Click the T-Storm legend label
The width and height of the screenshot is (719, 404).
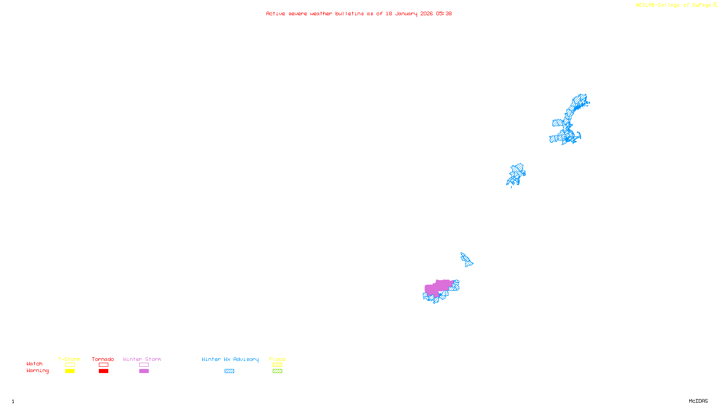(x=69, y=359)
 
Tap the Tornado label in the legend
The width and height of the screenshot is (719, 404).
(x=103, y=359)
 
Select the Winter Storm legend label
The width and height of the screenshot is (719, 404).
(x=142, y=359)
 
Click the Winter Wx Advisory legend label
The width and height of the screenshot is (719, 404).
(x=230, y=359)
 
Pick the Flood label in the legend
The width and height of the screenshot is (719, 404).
(x=277, y=359)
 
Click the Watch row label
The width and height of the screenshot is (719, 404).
(x=35, y=364)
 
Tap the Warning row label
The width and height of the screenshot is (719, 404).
(x=37, y=371)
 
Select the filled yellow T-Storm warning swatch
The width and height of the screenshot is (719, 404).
(x=70, y=371)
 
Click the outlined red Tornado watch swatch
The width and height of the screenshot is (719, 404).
(x=103, y=365)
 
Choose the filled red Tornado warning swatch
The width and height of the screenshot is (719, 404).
(x=103, y=371)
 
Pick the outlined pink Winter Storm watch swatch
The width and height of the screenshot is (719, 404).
(x=144, y=365)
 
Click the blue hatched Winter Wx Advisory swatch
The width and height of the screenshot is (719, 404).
(x=229, y=371)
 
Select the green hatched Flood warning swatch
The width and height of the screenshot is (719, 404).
(x=277, y=371)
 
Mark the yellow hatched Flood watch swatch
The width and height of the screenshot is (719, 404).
(x=277, y=365)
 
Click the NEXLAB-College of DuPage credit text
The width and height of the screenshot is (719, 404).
(x=674, y=5)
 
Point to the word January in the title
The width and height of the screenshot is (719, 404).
(x=406, y=14)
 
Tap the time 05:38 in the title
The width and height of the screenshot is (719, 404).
(x=444, y=14)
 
